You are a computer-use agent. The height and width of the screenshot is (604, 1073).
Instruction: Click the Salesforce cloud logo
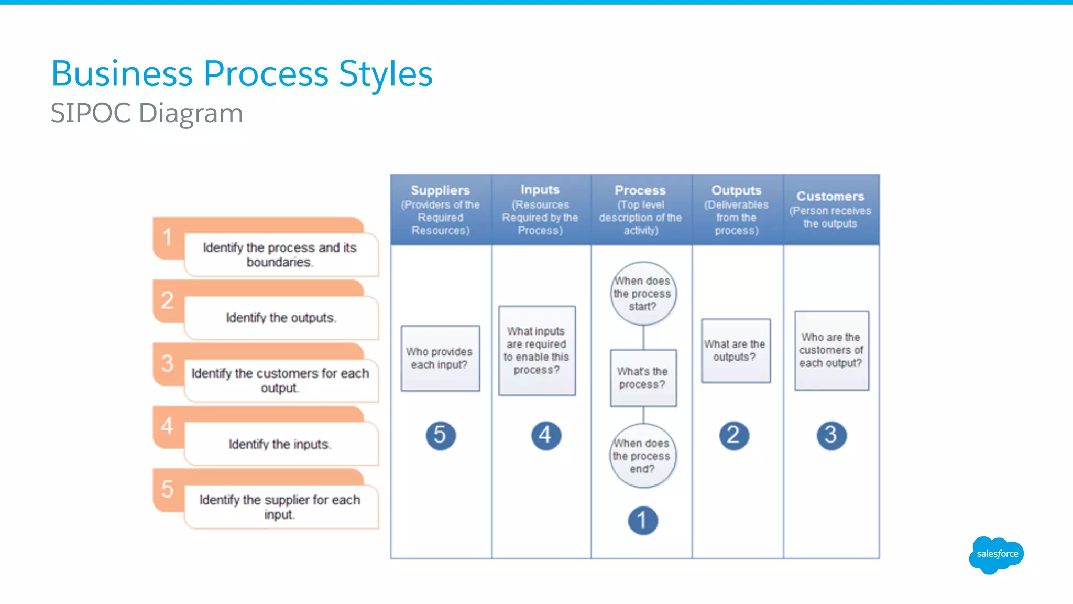click(x=997, y=554)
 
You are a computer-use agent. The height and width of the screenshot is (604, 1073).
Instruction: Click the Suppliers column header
click(x=440, y=210)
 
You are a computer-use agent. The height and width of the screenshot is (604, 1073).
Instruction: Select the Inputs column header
click(x=540, y=210)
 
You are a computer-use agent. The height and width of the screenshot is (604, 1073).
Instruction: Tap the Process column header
click(x=640, y=210)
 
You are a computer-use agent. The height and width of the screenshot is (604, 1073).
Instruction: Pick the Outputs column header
click(x=736, y=210)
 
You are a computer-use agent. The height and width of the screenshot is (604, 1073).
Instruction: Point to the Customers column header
click(x=830, y=210)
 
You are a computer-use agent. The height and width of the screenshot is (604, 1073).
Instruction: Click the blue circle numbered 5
click(x=440, y=435)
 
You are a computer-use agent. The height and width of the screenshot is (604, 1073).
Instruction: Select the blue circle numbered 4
click(x=545, y=435)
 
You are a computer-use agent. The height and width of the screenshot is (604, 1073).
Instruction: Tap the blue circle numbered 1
click(x=642, y=520)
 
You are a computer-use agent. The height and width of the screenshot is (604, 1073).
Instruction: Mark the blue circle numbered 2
click(x=733, y=435)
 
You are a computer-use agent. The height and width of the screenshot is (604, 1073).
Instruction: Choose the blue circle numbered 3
click(x=831, y=435)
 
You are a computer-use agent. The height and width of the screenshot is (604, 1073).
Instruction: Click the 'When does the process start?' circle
click(x=643, y=294)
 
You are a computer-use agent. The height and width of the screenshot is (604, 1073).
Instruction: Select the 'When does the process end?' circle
click(x=642, y=456)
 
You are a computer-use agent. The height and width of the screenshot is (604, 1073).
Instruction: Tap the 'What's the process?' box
click(x=643, y=378)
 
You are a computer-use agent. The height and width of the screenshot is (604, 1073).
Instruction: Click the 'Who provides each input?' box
click(x=440, y=358)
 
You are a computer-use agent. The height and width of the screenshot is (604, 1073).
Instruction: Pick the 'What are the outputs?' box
click(x=735, y=350)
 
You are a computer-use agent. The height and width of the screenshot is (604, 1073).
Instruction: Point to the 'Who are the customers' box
click(x=831, y=350)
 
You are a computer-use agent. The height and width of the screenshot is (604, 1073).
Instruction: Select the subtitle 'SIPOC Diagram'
click(x=147, y=113)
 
